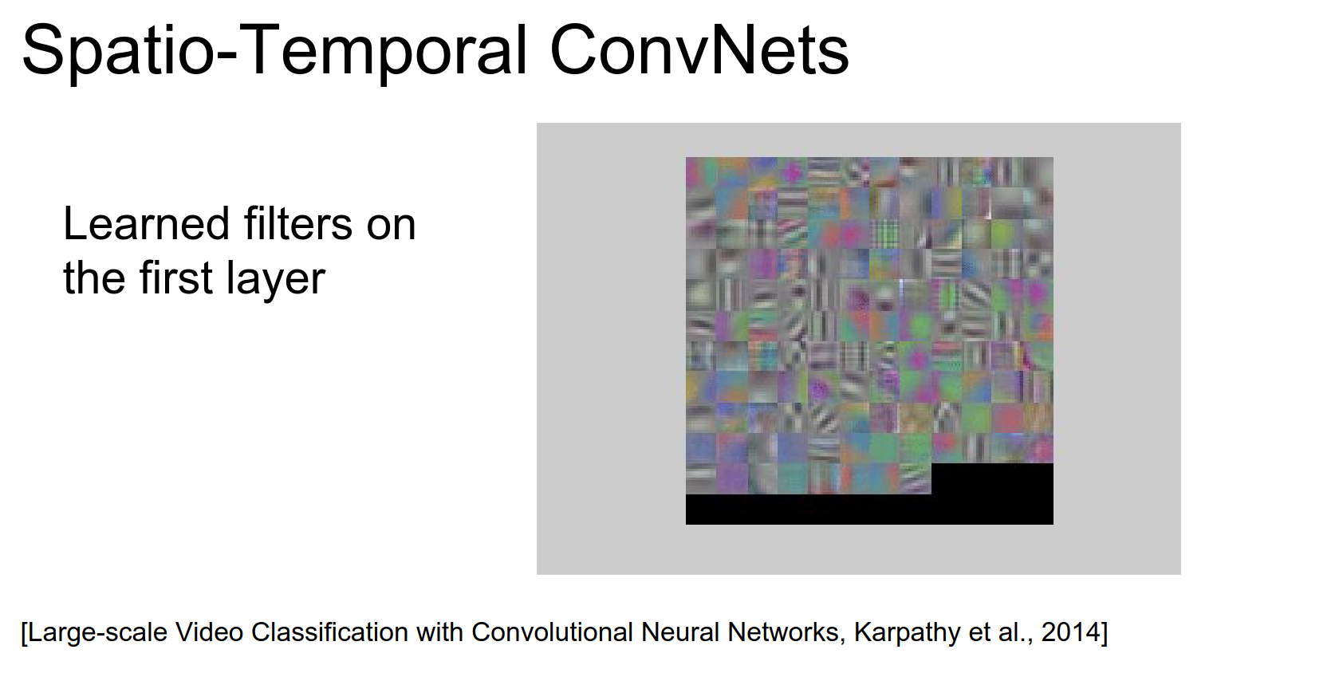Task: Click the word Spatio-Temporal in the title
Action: pos(274,53)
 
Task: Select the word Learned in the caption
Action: pos(146,223)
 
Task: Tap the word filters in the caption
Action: pos(298,223)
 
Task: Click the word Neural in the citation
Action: pos(680,632)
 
